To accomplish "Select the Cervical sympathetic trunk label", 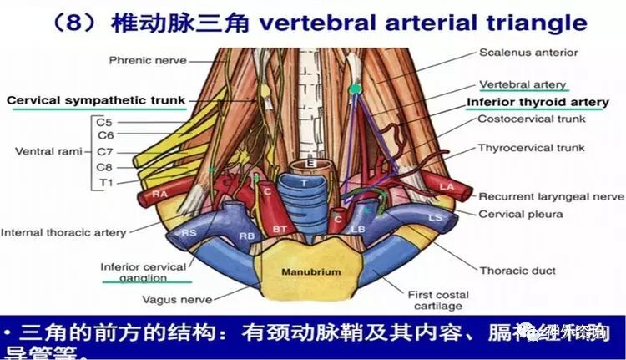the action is pos(95,100).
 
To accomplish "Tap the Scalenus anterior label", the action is pos(528,53).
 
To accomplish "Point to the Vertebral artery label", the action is pos(523,84).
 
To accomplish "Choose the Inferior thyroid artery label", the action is pos(538,102).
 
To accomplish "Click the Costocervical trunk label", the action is pos(532,119).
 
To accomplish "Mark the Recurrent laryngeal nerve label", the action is pos(551,196).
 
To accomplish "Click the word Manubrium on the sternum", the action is pos(310,272).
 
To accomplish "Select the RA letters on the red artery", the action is pos(160,194).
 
